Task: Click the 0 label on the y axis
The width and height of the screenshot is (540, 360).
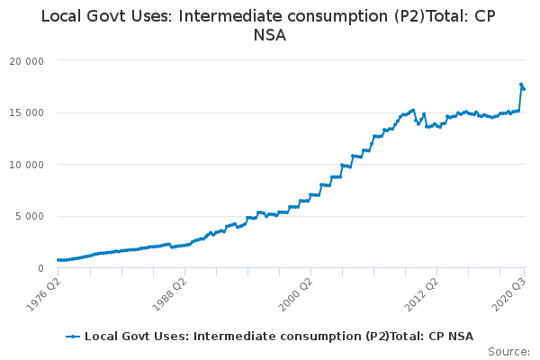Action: tap(42, 268)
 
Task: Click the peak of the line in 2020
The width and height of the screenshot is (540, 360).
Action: tap(521, 85)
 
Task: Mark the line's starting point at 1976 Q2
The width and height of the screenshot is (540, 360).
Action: tap(58, 260)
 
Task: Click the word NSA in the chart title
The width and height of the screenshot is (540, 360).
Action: tap(269, 36)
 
